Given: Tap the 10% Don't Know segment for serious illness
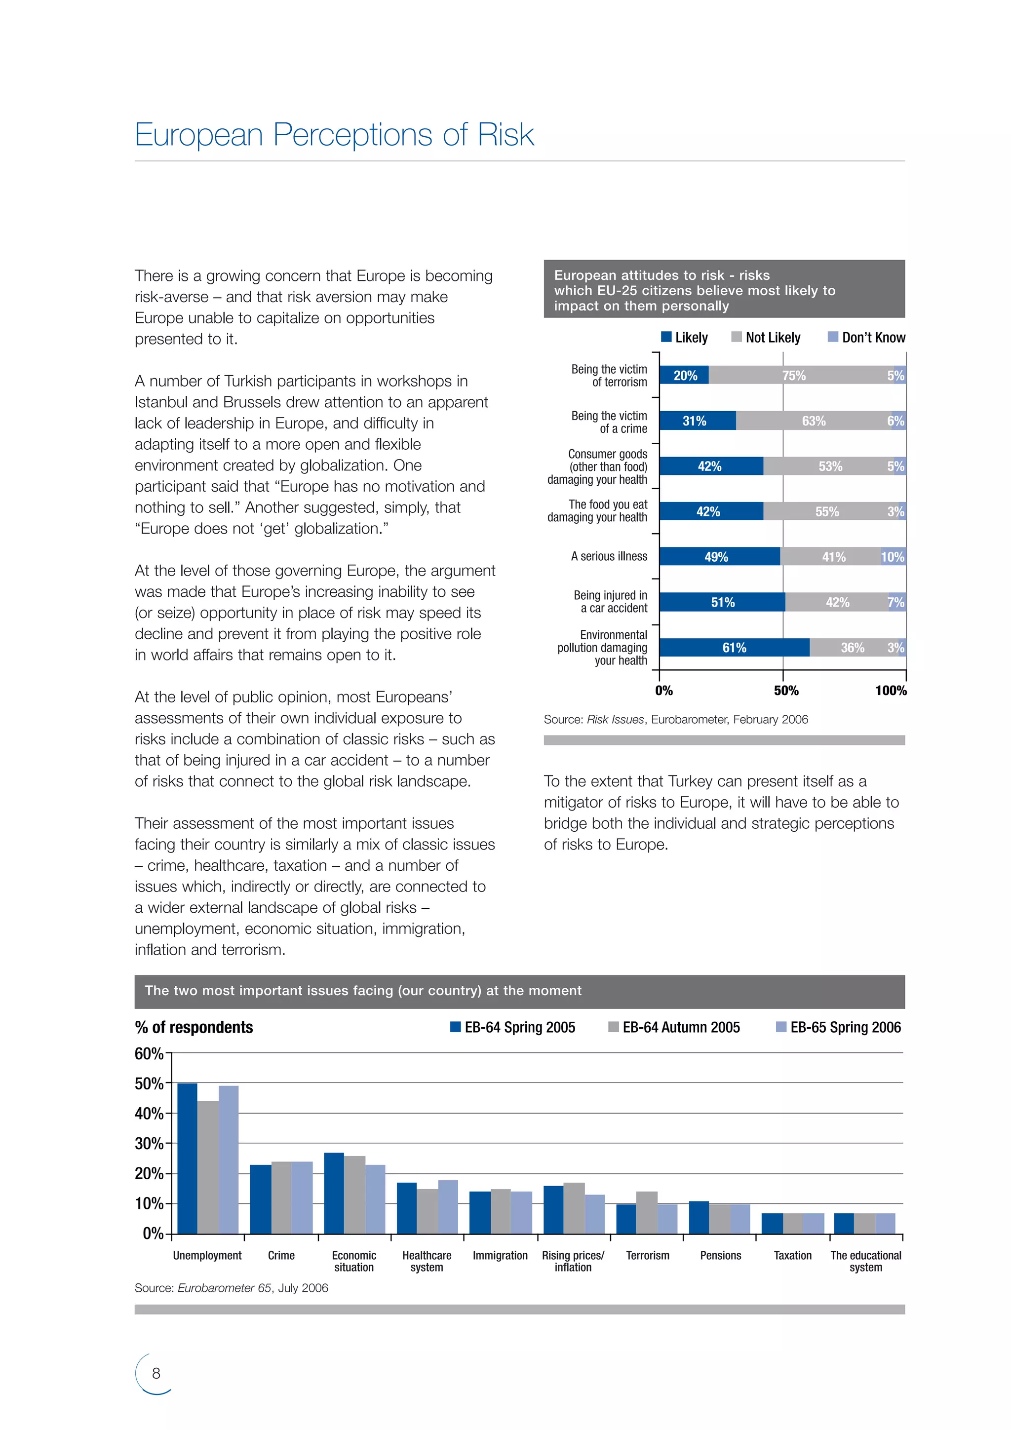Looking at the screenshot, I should click(893, 557).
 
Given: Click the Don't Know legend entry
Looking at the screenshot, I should click(866, 338).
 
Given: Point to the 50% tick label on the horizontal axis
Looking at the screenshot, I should click(785, 691).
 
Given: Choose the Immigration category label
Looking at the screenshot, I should click(500, 1256).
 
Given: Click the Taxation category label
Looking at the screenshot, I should click(792, 1256).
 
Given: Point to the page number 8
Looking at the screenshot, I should click(156, 1373).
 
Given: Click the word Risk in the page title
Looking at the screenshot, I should click(505, 135).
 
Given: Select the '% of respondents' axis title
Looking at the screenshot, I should click(194, 1028).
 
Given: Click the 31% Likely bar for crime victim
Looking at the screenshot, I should click(697, 421).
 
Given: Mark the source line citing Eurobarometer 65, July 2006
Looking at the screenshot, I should click(231, 1288).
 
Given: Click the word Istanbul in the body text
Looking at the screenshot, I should click(161, 402).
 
